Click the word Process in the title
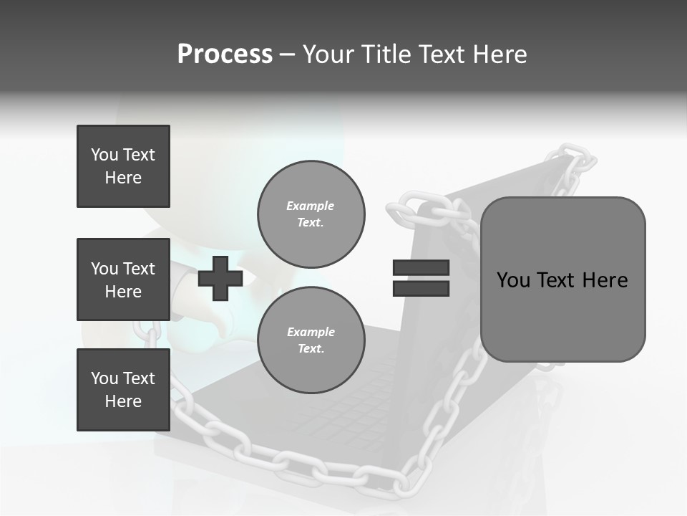pyautogui.click(x=225, y=54)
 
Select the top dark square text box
pyautogui.click(x=123, y=166)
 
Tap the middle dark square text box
pyautogui.click(x=123, y=279)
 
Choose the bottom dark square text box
pyautogui.click(x=123, y=389)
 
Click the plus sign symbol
pyautogui.click(x=220, y=278)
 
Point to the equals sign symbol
pyautogui.click(x=421, y=278)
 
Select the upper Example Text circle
pyautogui.click(x=311, y=214)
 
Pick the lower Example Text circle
pyautogui.click(x=311, y=340)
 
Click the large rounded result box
pyautogui.click(x=562, y=279)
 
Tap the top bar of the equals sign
pyautogui.click(x=421, y=267)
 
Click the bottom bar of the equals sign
pyautogui.click(x=421, y=289)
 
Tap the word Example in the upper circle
pyautogui.click(x=310, y=206)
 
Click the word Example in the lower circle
pyautogui.click(x=311, y=332)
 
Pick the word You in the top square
pyautogui.click(x=104, y=155)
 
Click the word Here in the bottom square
pyautogui.click(x=123, y=401)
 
